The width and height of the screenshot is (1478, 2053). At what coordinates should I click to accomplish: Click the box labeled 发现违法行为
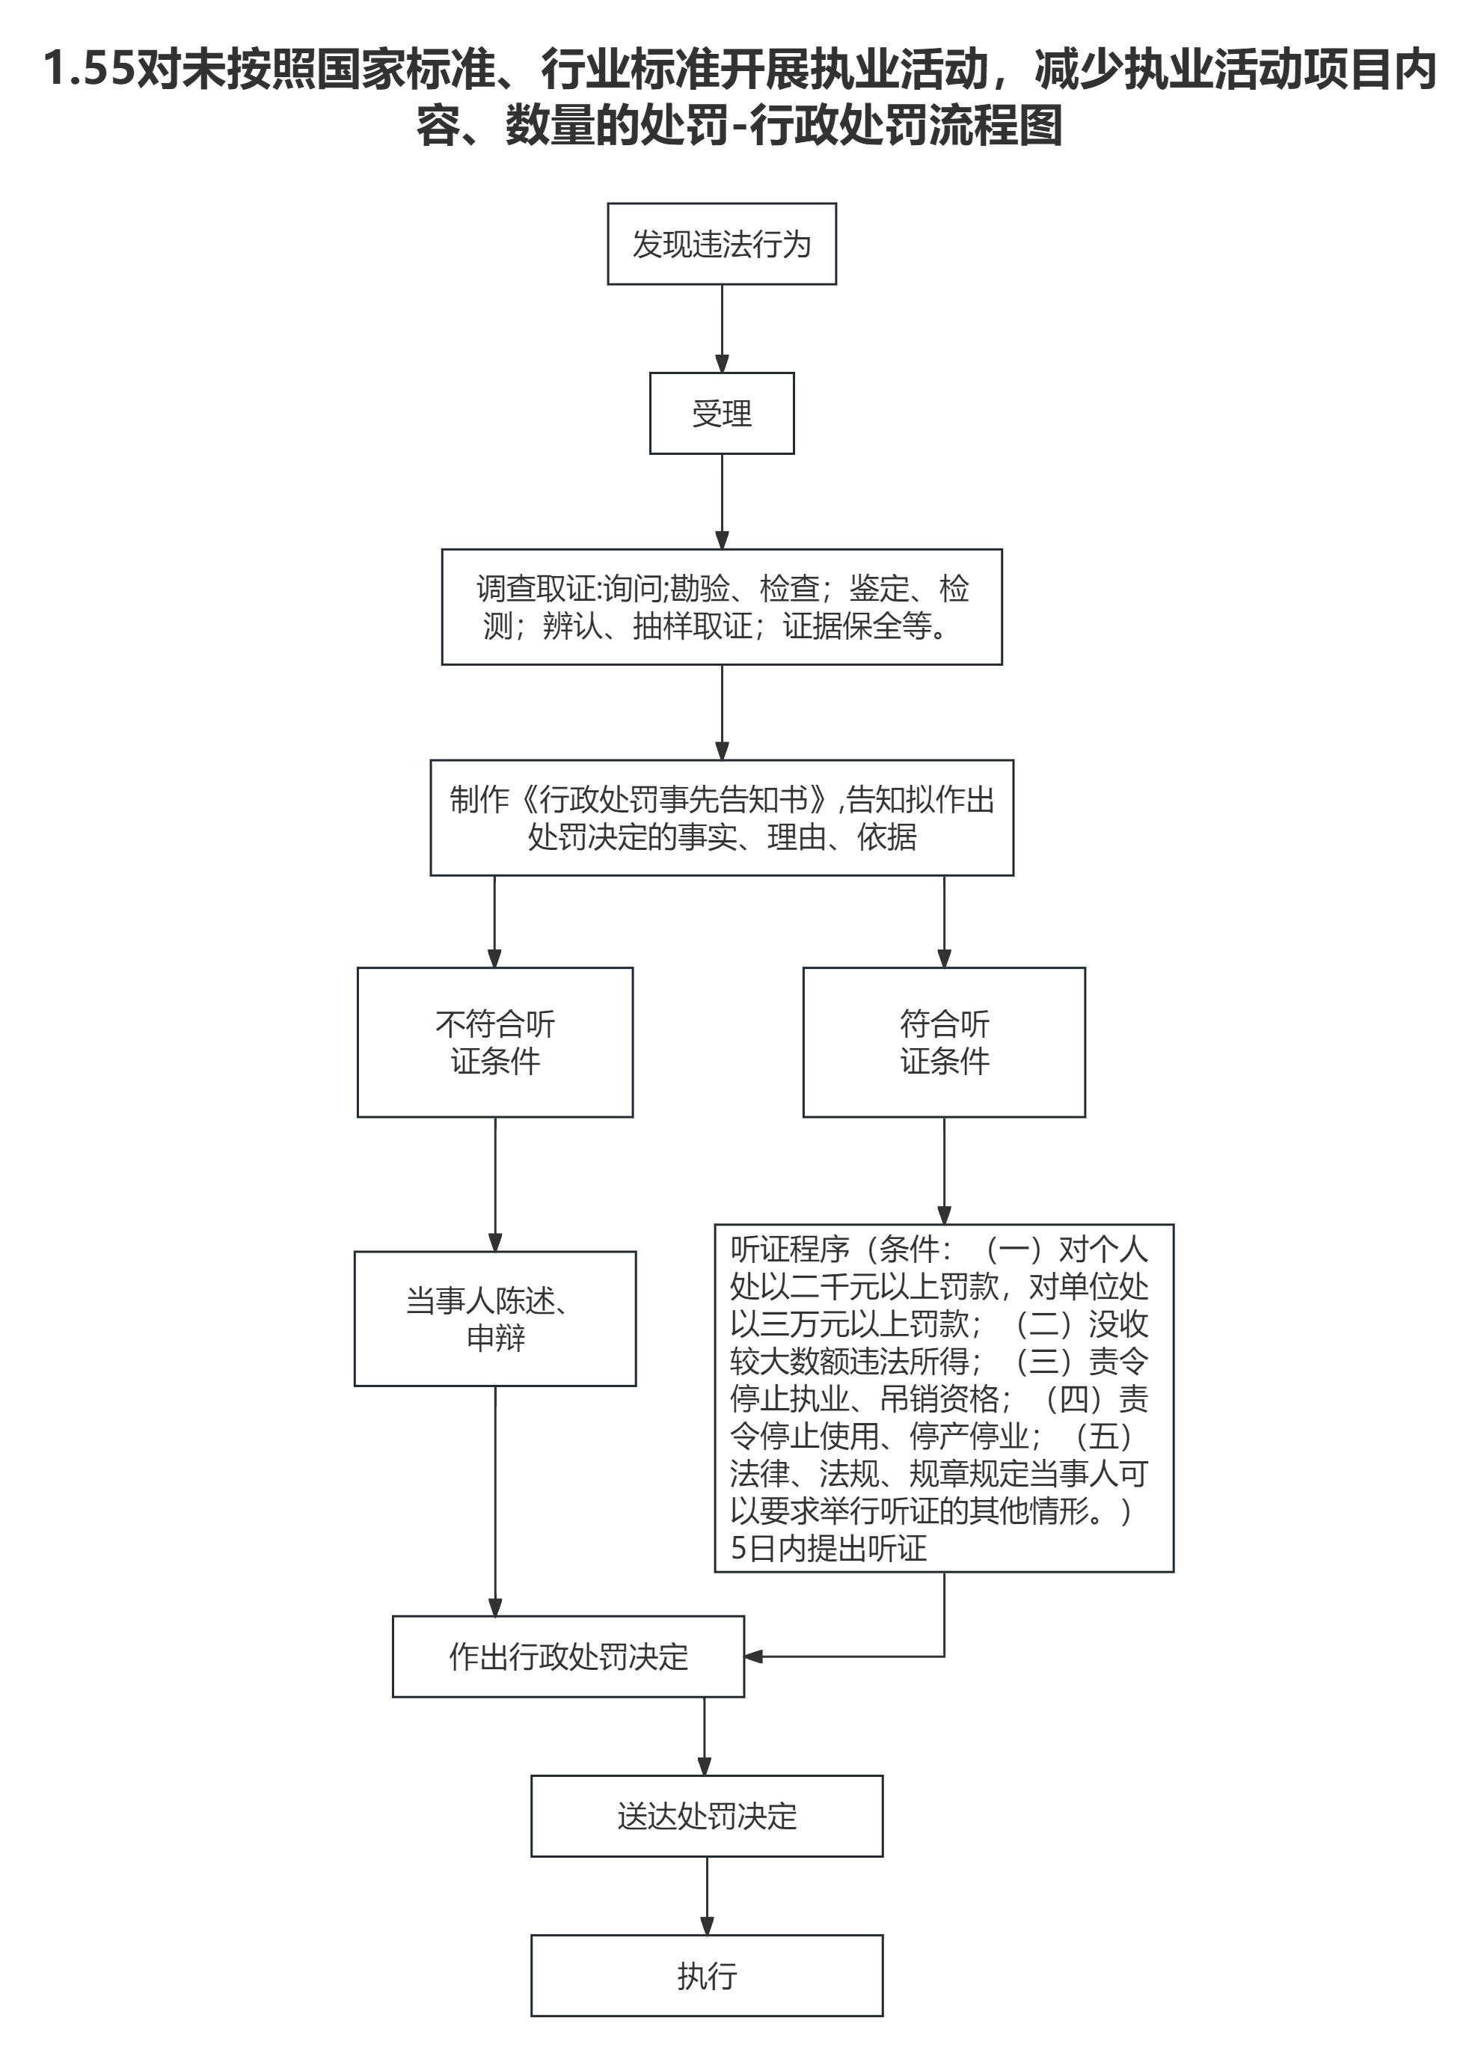pyautogui.click(x=721, y=243)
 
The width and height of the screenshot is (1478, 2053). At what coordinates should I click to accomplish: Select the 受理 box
pyautogui.click(x=721, y=413)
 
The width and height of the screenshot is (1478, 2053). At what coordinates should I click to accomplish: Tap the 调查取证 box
pyautogui.click(x=721, y=607)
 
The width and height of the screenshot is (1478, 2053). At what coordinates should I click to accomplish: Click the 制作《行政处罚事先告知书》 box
pyautogui.click(x=721, y=818)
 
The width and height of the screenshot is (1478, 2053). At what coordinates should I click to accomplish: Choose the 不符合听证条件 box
pyautogui.click(x=494, y=1042)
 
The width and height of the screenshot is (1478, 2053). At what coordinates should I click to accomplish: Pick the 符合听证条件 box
pyautogui.click(x=943, y=1042)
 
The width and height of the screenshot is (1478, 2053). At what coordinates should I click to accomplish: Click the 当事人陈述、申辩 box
pyautogui.click(x=494, y=1319)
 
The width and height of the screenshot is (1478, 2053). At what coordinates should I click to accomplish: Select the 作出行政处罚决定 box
pyautogui.click(x=568, y=1656)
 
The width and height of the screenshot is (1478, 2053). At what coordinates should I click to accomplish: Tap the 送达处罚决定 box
pyautogui.click(x=706, y=1816)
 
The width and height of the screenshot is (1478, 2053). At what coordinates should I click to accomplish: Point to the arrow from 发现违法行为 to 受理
pyautogui.click(x=721, y=328)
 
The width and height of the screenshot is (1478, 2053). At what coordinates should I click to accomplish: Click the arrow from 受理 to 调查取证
pyautogui.click(x=721, y=501)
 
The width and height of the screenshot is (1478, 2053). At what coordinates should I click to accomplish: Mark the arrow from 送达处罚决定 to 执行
pyautogui.click(x=706, y=1895)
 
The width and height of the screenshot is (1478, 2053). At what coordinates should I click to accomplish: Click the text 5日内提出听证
pyautogui.click(x=828, y=1548)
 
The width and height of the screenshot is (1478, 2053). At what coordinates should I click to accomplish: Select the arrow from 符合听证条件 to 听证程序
pyautogui.click(x=943, y=1169)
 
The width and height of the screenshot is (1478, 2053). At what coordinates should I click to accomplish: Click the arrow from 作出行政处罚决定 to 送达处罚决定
pyautogui.click(x=704, y=1735)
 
